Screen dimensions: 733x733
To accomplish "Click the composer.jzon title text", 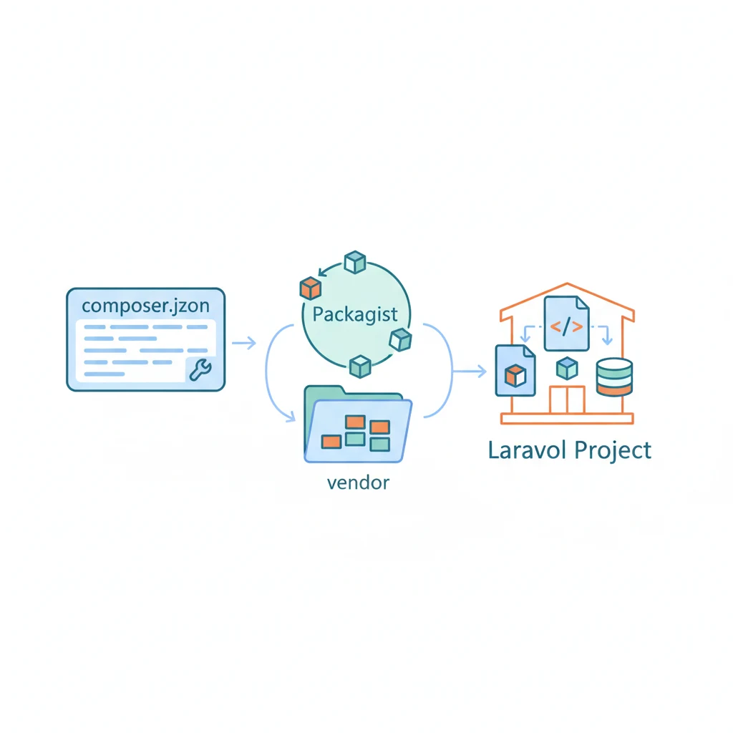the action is click(146, 306).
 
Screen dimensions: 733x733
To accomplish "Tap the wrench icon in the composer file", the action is click(200, 369).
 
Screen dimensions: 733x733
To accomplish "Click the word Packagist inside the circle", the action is click(355, 315).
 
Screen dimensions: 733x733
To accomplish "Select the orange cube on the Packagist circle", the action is click(311, 288).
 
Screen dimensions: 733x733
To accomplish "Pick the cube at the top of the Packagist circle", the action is click(355, 262).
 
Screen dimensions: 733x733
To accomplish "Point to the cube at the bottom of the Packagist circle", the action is click(361, 366).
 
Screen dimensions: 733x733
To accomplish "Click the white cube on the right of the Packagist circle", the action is click(401, 340).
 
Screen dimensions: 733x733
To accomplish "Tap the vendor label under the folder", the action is click(358, 483).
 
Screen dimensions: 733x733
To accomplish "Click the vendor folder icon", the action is click(358, 424).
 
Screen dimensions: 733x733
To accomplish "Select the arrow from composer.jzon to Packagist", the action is click(244, 343).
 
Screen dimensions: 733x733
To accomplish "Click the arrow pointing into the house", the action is click(470, 372).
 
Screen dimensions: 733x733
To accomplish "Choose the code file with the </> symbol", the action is click(567, 323).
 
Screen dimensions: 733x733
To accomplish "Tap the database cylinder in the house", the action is click(614, 377).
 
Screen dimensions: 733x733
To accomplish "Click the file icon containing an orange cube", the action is click(515, 371).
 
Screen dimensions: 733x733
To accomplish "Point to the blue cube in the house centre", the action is click(567, 369).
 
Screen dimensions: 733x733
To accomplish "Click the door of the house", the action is click(567, 400).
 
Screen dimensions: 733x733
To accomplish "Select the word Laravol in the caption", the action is click(527, 450).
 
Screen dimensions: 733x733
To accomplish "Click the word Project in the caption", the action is click(613, 451).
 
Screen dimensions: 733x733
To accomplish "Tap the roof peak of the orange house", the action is click(567, 283).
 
